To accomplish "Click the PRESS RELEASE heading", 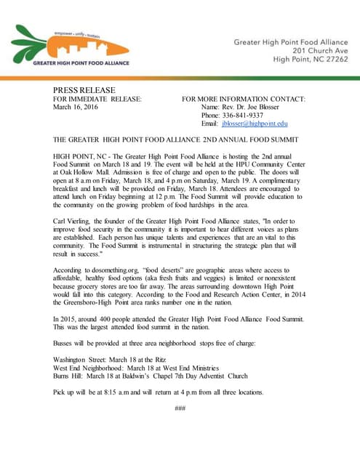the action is click(84, 89).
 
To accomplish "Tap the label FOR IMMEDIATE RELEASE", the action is click(97, 98).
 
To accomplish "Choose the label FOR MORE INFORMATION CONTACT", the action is click(244, 98).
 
